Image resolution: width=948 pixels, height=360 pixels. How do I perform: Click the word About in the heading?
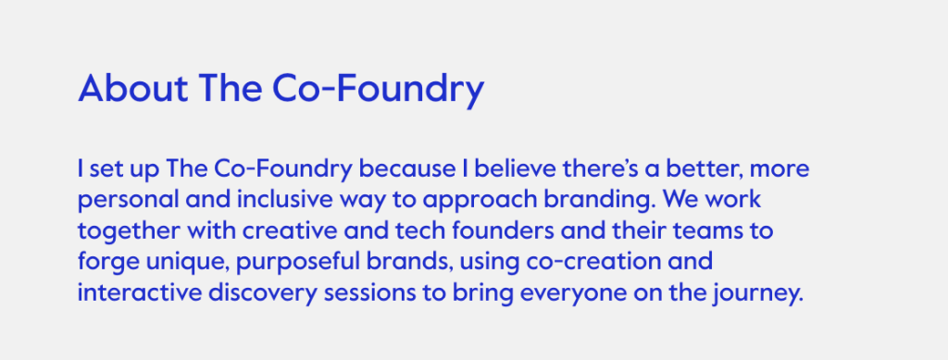tap(133, 88)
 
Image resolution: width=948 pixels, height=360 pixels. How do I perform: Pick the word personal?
tap(129, 201)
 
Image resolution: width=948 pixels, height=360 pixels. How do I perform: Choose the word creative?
tap(292, 230)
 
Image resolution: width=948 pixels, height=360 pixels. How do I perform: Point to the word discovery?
tap(262, 294)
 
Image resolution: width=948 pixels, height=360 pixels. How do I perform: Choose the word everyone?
tap(573, 294)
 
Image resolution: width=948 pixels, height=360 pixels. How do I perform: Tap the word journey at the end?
tap(757, 294)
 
